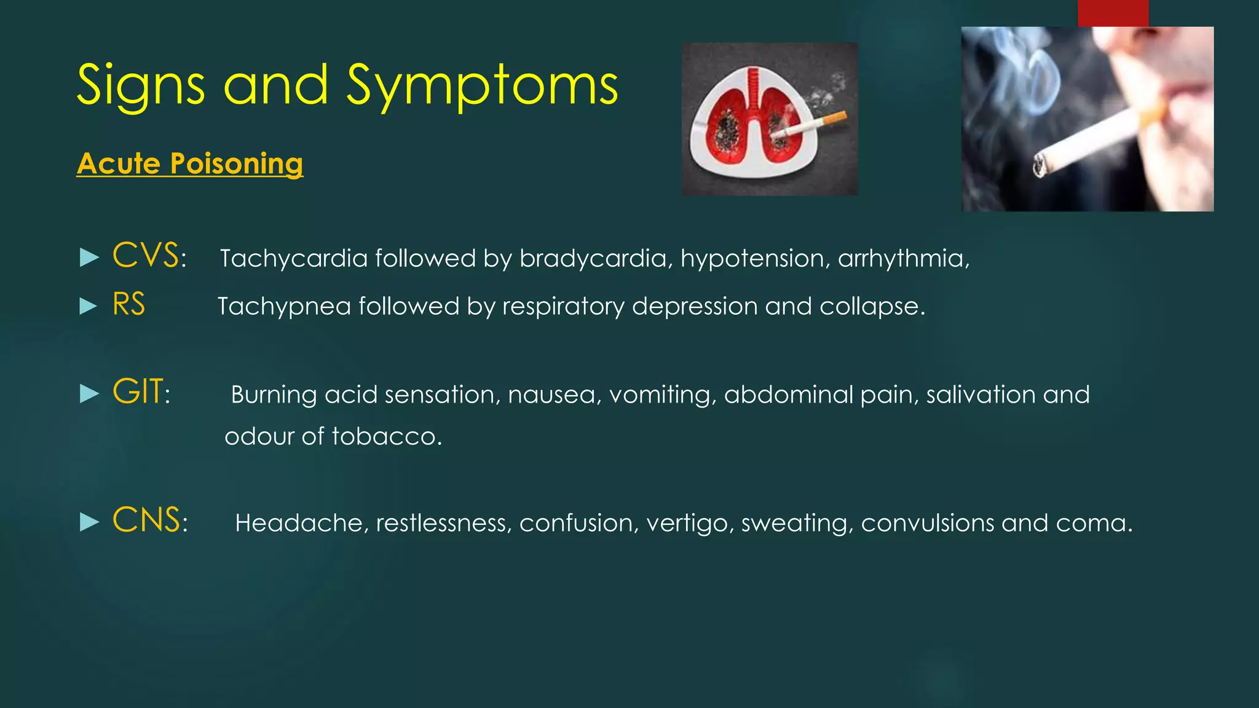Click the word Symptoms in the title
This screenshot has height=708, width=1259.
point(482,86)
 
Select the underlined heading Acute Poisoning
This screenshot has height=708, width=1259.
point(190,163)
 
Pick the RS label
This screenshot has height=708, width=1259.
point(128,304)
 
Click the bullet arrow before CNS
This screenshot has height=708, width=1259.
point(90,523)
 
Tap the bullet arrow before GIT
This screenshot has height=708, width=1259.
point(90,394)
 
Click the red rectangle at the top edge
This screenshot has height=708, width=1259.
point(1113,12)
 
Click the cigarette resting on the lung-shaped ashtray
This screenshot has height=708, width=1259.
point(808,125)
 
